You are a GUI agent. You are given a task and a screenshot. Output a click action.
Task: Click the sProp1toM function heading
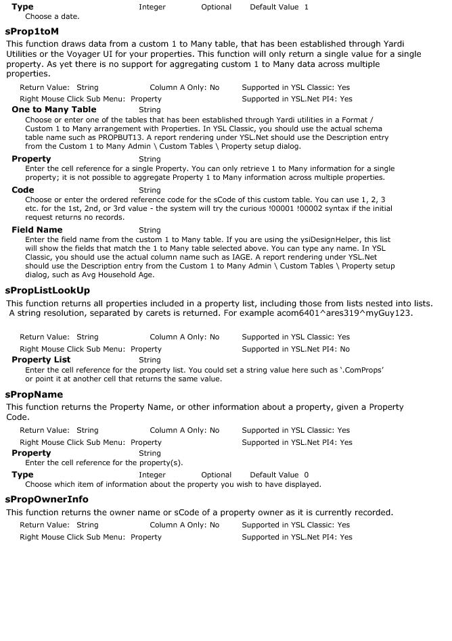32,31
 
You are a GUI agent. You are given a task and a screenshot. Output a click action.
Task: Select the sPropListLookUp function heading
47,290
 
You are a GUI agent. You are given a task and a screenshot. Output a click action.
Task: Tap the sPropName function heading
34,394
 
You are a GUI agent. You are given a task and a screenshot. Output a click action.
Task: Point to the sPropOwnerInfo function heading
47,499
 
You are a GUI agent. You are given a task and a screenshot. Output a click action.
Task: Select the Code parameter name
23,190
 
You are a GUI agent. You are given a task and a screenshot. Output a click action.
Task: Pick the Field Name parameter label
37,230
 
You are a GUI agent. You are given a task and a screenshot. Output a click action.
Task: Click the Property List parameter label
41,360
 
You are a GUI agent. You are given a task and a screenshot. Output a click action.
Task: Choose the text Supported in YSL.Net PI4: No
296,349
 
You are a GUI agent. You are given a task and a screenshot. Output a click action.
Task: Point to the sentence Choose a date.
52,16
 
